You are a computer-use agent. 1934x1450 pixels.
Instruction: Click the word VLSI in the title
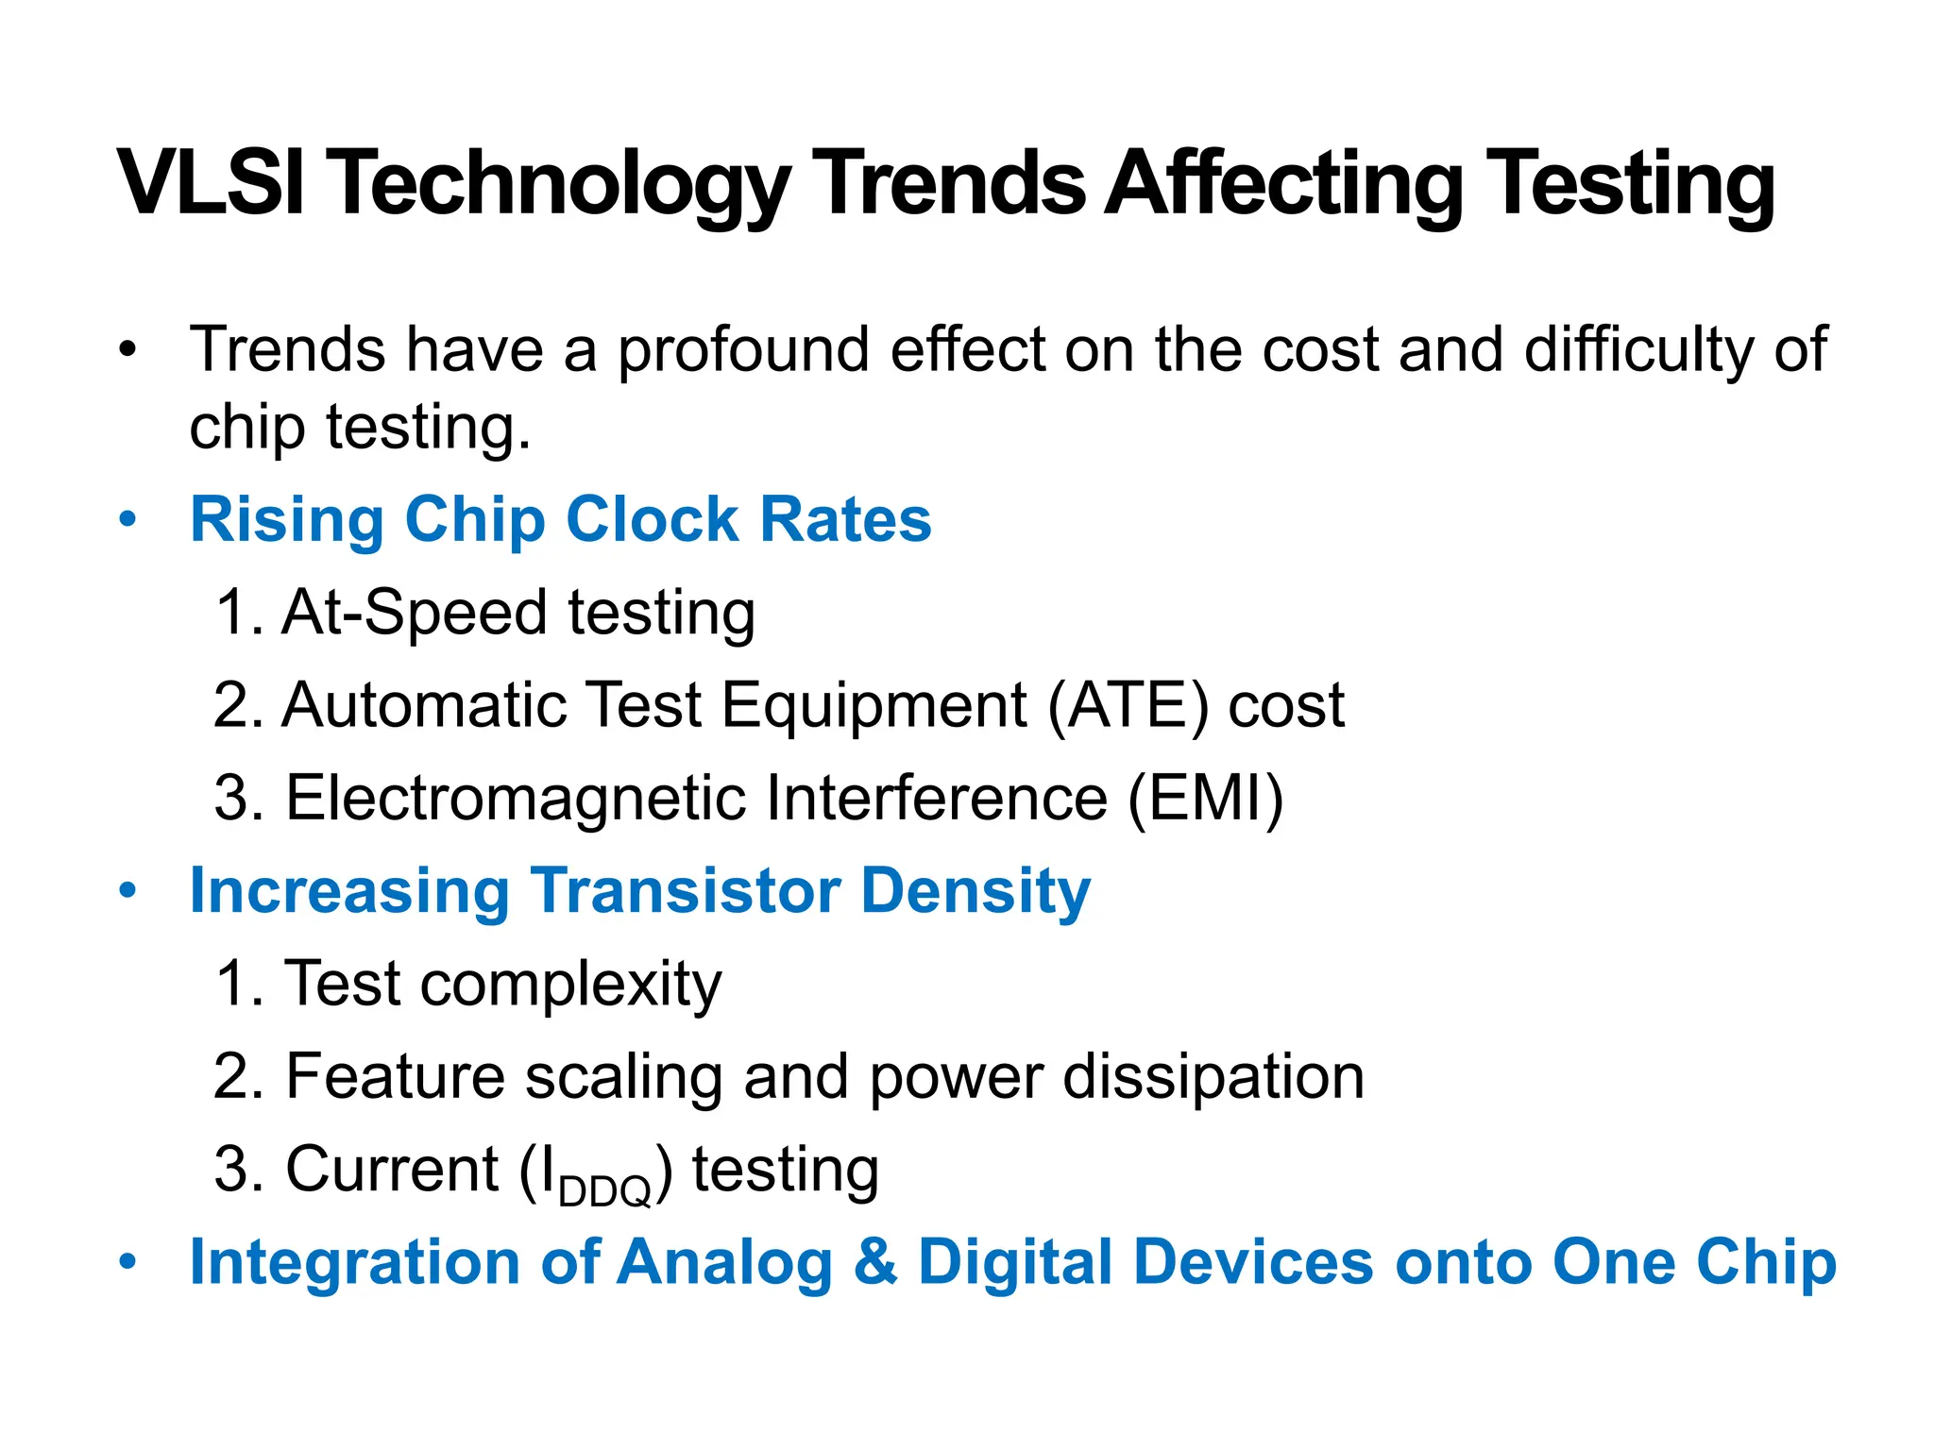click(x=212, y=183)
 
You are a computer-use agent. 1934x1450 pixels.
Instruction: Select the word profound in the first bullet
click(x=743, y=349)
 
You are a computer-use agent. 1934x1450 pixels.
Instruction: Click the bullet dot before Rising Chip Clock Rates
click(x=127, y=520)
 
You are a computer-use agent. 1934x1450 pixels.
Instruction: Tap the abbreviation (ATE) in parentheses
click(x=1128, y=705)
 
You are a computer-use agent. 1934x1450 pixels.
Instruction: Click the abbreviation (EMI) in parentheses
click(x=1206, y=799)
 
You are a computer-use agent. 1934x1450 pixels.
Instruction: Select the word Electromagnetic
click(x=515, y=799)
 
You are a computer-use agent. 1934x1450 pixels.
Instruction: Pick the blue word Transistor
click(x=686, y=891)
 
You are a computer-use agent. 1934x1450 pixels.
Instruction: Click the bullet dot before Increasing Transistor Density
click(x=127, y=891)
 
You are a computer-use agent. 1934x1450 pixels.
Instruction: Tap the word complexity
click(x=570, y=985)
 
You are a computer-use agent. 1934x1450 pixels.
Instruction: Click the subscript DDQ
click(x=604, y=1191)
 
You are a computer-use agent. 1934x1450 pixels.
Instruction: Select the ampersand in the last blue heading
click(x=874, y=1262)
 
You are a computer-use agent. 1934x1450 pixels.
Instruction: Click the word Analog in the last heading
click(x=723, y=1262)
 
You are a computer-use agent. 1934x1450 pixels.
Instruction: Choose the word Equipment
click(x=874, y=705)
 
